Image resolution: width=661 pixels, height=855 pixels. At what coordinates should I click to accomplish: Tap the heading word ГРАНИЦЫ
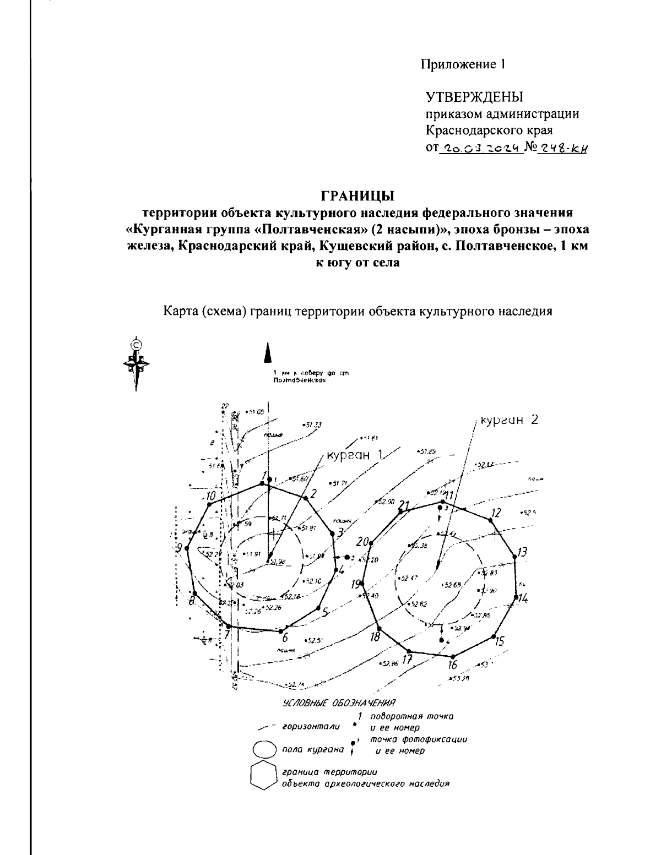(x=357, y=195)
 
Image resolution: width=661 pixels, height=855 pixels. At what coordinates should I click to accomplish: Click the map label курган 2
(x=508, y=420)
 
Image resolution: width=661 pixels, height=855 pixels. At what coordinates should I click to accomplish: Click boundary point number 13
(x=515, y=557)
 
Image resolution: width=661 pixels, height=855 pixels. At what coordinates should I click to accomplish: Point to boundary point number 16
(x=453, y=656)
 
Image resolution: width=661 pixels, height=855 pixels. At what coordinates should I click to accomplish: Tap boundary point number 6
(x=281, y=631)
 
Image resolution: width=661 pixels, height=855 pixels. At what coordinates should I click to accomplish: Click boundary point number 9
(x=187, y=548)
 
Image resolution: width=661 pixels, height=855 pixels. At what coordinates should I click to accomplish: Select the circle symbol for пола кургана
(x=263, y=749)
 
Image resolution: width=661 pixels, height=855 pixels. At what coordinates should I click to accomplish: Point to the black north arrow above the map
(x=268, y=353)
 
